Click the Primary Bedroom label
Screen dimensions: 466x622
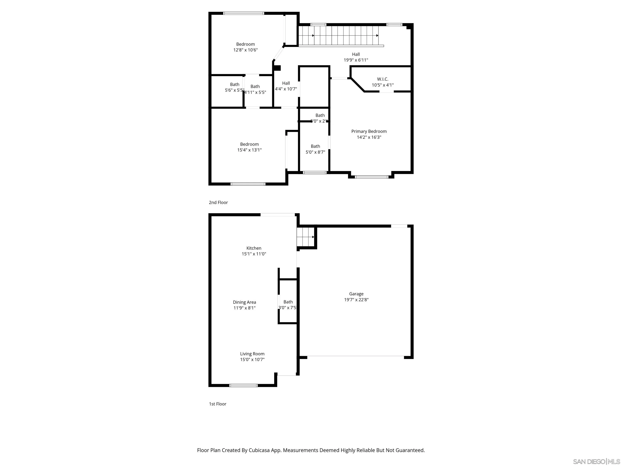[x=369, y=131]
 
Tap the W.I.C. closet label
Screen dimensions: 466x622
[x=382, y=79]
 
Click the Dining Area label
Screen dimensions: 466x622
[x=244, y=302]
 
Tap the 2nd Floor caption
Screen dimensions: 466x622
[x=218, y=202]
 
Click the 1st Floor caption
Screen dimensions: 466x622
[x=217, y=404]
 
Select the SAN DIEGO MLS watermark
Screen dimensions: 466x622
[x=596, y=462]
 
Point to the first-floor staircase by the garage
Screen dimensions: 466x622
[x=306, y=237]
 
